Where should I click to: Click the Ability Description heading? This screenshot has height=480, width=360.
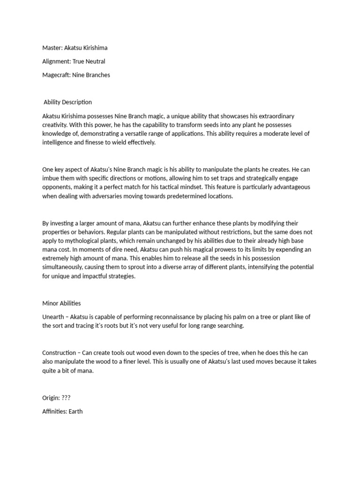(x=67, y=102)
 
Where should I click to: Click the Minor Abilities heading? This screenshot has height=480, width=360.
(x=61, y=303)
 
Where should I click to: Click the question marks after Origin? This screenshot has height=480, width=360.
(x=66, y=398)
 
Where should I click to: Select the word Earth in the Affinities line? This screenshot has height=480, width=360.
(x=75, y=412)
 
